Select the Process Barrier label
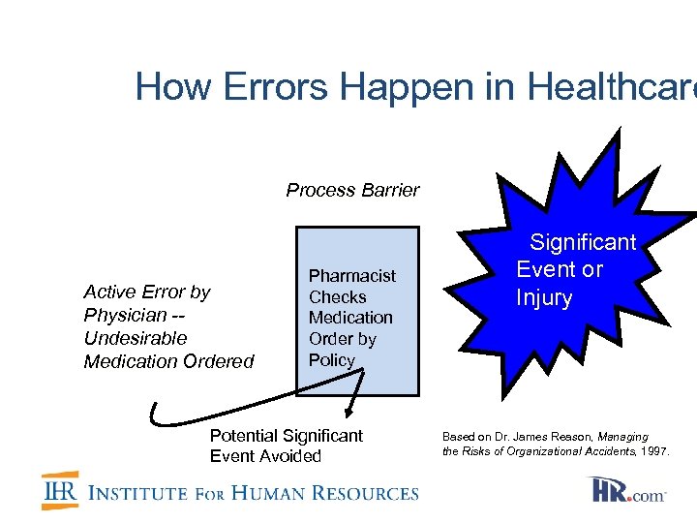tap(352, 190)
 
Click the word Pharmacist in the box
tap(351, 276)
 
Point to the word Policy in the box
tap(332, 360)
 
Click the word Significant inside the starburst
tap(582, 242)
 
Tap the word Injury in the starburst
tap(544, 297)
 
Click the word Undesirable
tap(136, 338)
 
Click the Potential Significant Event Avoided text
tap(286, 446)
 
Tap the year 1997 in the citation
tap(652, 451)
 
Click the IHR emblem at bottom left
tap(59, 491)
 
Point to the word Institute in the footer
tap(137, 493)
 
